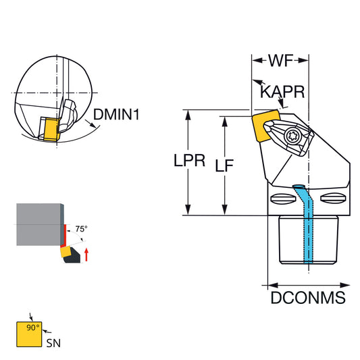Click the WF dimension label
click(x=280, y=61)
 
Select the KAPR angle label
click(x=282, y=92)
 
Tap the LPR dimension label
click(x=189, y=160)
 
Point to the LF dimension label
click(x=224, y=165)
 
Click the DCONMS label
click(x=308, y=298)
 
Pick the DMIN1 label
click(x=116, y=114)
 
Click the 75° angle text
click(x=82, y=229)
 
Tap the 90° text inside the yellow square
click(x=33, y=328)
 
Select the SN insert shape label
click(x=53, y=343)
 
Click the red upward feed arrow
click(x=86, y=255)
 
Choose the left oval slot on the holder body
click(x=282, y=199)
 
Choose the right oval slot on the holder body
click(x=333, y=198)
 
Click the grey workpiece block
click(x=38, y=224)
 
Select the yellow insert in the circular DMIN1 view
click(x=51, y=129)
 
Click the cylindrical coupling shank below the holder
click(x=309, y=240)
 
